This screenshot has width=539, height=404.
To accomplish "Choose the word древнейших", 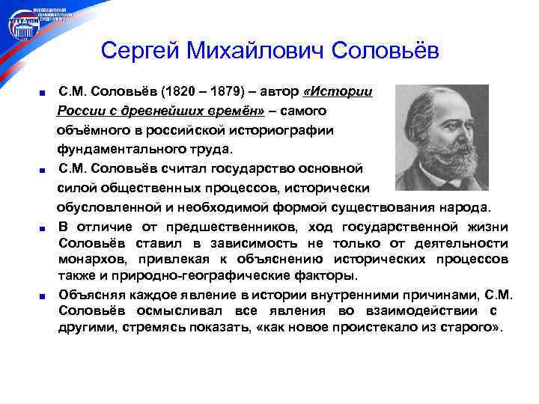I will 156,111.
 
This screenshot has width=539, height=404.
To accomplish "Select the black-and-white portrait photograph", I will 441,138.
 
